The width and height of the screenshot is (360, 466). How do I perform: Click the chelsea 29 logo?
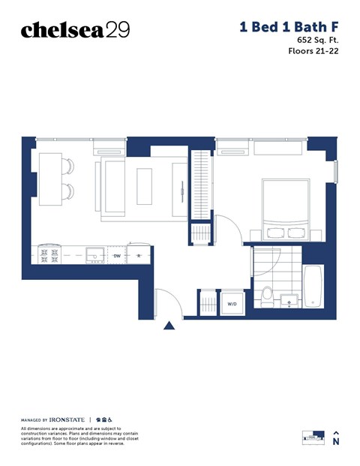point(75,30)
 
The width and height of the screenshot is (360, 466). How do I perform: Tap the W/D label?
point(232,304)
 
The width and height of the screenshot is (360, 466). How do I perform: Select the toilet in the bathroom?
point(266,297)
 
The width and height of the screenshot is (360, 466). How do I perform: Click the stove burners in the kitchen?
point(49,255)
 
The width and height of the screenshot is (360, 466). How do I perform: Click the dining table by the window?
point(50,179)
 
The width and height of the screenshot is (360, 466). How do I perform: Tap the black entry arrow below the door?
point(169,325)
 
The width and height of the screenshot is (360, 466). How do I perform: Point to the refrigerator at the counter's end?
point(139,255)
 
